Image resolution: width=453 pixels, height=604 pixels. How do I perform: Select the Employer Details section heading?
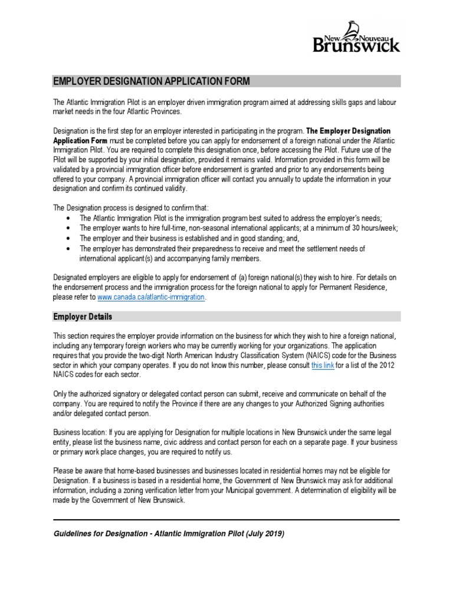83,317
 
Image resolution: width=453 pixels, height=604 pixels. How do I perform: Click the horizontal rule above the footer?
226,520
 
